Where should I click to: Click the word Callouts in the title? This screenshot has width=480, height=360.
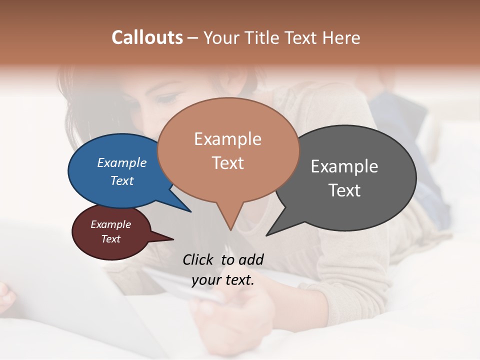pyautogui.click(x=147, y=37)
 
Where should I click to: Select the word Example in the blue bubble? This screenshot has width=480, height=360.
pyautogui.click(x=121, y=163)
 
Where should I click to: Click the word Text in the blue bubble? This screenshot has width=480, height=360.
pyautogui.click(x=121, y=180)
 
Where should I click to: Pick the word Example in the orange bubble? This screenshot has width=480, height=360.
pyautogui.click(x=227, y=139)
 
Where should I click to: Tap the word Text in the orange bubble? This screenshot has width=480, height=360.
pyautogui.click(x=227, y=163)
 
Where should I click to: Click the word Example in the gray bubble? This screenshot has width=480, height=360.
pyautogui.click(x=344, y=166)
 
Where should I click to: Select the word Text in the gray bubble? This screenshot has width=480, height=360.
pyautogui.click(x=344, y=190)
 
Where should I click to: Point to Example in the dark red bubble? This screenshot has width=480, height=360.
pyautogui.click(x=110, y=224)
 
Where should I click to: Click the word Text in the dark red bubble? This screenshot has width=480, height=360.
pyautogui.click(x=110, y=239)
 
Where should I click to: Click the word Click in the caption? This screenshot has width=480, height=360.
pyautogui.click(x=198, y=259)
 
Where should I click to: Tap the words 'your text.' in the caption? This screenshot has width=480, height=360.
pyautogui.click(x=222, y=280)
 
